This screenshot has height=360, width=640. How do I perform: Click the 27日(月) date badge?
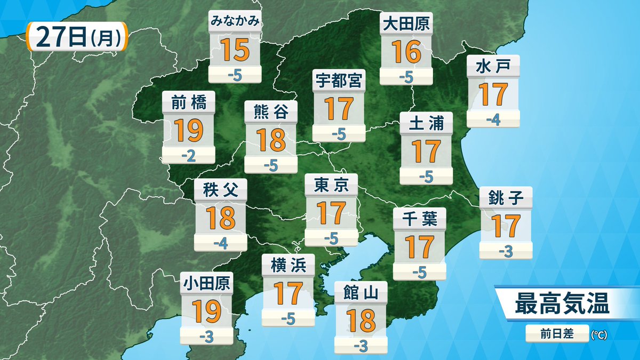tap(76, 37)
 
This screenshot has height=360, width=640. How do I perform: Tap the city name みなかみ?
tap(235, 22)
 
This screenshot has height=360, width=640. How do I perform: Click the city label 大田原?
tap(406, 23)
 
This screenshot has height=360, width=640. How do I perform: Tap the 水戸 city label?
tap(493, 66)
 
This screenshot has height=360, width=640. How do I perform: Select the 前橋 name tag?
tap(189, 102)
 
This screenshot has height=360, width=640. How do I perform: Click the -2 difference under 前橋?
tap(189, 156)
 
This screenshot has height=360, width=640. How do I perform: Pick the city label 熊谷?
tap(271, 112)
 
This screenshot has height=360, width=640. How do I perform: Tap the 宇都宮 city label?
tap(339, 81)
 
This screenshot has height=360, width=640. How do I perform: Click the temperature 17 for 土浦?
tap(426, 151)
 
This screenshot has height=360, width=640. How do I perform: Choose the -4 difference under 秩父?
tap(220, 244)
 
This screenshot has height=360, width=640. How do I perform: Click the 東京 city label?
tap(331, 185)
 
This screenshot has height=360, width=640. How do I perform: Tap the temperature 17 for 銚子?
tap(506, 226)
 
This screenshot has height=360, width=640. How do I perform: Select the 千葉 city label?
tap(419, 219)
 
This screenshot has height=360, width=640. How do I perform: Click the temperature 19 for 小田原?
tap(207, 311)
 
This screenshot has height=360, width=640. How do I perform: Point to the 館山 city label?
tap(361, 292)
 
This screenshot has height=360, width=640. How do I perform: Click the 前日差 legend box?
tap(557, 334)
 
